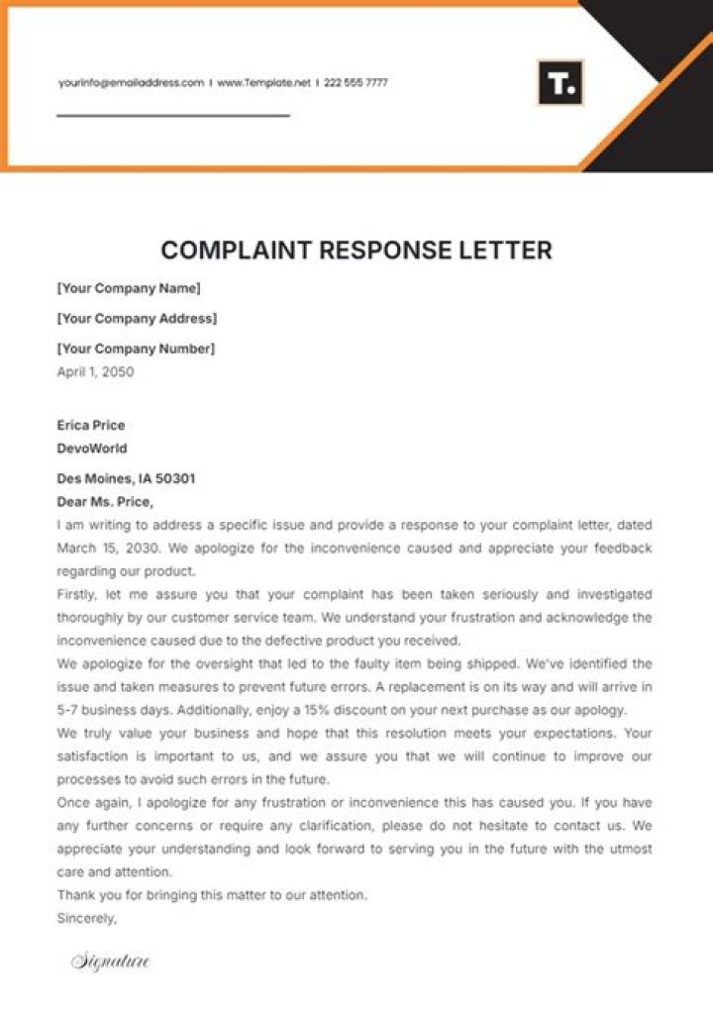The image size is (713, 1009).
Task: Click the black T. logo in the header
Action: coord(560,83)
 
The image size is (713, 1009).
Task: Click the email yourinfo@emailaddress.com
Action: coord(131,83)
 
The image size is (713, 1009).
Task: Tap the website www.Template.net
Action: coord(263,83)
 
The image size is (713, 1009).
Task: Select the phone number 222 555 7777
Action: coord(356,83)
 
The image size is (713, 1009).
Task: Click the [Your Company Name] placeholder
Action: coord(129,289)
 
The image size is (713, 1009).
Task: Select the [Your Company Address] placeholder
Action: coord(137,319)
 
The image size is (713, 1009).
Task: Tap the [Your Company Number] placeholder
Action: coord(136,349)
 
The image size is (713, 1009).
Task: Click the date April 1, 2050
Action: coord(95,372)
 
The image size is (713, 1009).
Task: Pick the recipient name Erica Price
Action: coord(91,426)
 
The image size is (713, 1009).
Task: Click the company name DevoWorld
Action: coord(92,449)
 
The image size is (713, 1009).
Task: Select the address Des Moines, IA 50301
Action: coord(126,478)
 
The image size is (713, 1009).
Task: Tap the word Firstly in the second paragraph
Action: coord(77,595)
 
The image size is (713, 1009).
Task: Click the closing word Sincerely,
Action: coord(87,918)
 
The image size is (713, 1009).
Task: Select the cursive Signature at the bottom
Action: coord(110,960)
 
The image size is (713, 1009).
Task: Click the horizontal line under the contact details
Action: coord(173,116)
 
